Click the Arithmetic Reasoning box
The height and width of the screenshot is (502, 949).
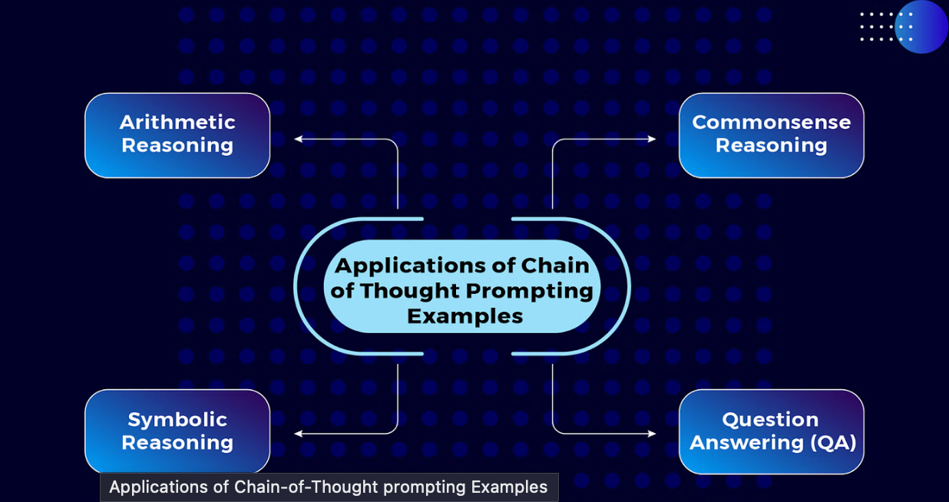coord(177,135)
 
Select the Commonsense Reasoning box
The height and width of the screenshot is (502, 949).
coord(772,135)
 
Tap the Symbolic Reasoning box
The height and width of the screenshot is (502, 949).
coord(177,431)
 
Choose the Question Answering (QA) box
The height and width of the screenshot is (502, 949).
coord(772,431)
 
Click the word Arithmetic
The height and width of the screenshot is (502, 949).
coord(177,122)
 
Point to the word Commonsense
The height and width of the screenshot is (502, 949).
coord(772,122)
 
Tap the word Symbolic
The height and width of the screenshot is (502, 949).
coord(177,421)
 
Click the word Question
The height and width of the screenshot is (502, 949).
coord(771,420)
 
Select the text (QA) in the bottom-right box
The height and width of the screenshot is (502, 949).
coord(833,443)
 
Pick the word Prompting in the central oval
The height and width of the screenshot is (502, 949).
coord(530,292)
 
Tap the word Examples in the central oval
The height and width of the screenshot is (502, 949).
coord(465,316)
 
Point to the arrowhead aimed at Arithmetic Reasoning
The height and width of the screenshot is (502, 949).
coord(298,139)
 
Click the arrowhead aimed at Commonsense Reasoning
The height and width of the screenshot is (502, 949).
coord(652,139)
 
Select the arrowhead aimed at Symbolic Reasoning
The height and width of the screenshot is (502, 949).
coord(298,434)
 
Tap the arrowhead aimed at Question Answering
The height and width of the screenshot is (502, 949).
coord(652,434)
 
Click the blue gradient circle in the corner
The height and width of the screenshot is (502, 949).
coord(921,26)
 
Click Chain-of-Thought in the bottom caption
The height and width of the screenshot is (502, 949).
coord(306,487)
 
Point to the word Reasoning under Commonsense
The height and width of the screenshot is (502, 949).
coord(772,145)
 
